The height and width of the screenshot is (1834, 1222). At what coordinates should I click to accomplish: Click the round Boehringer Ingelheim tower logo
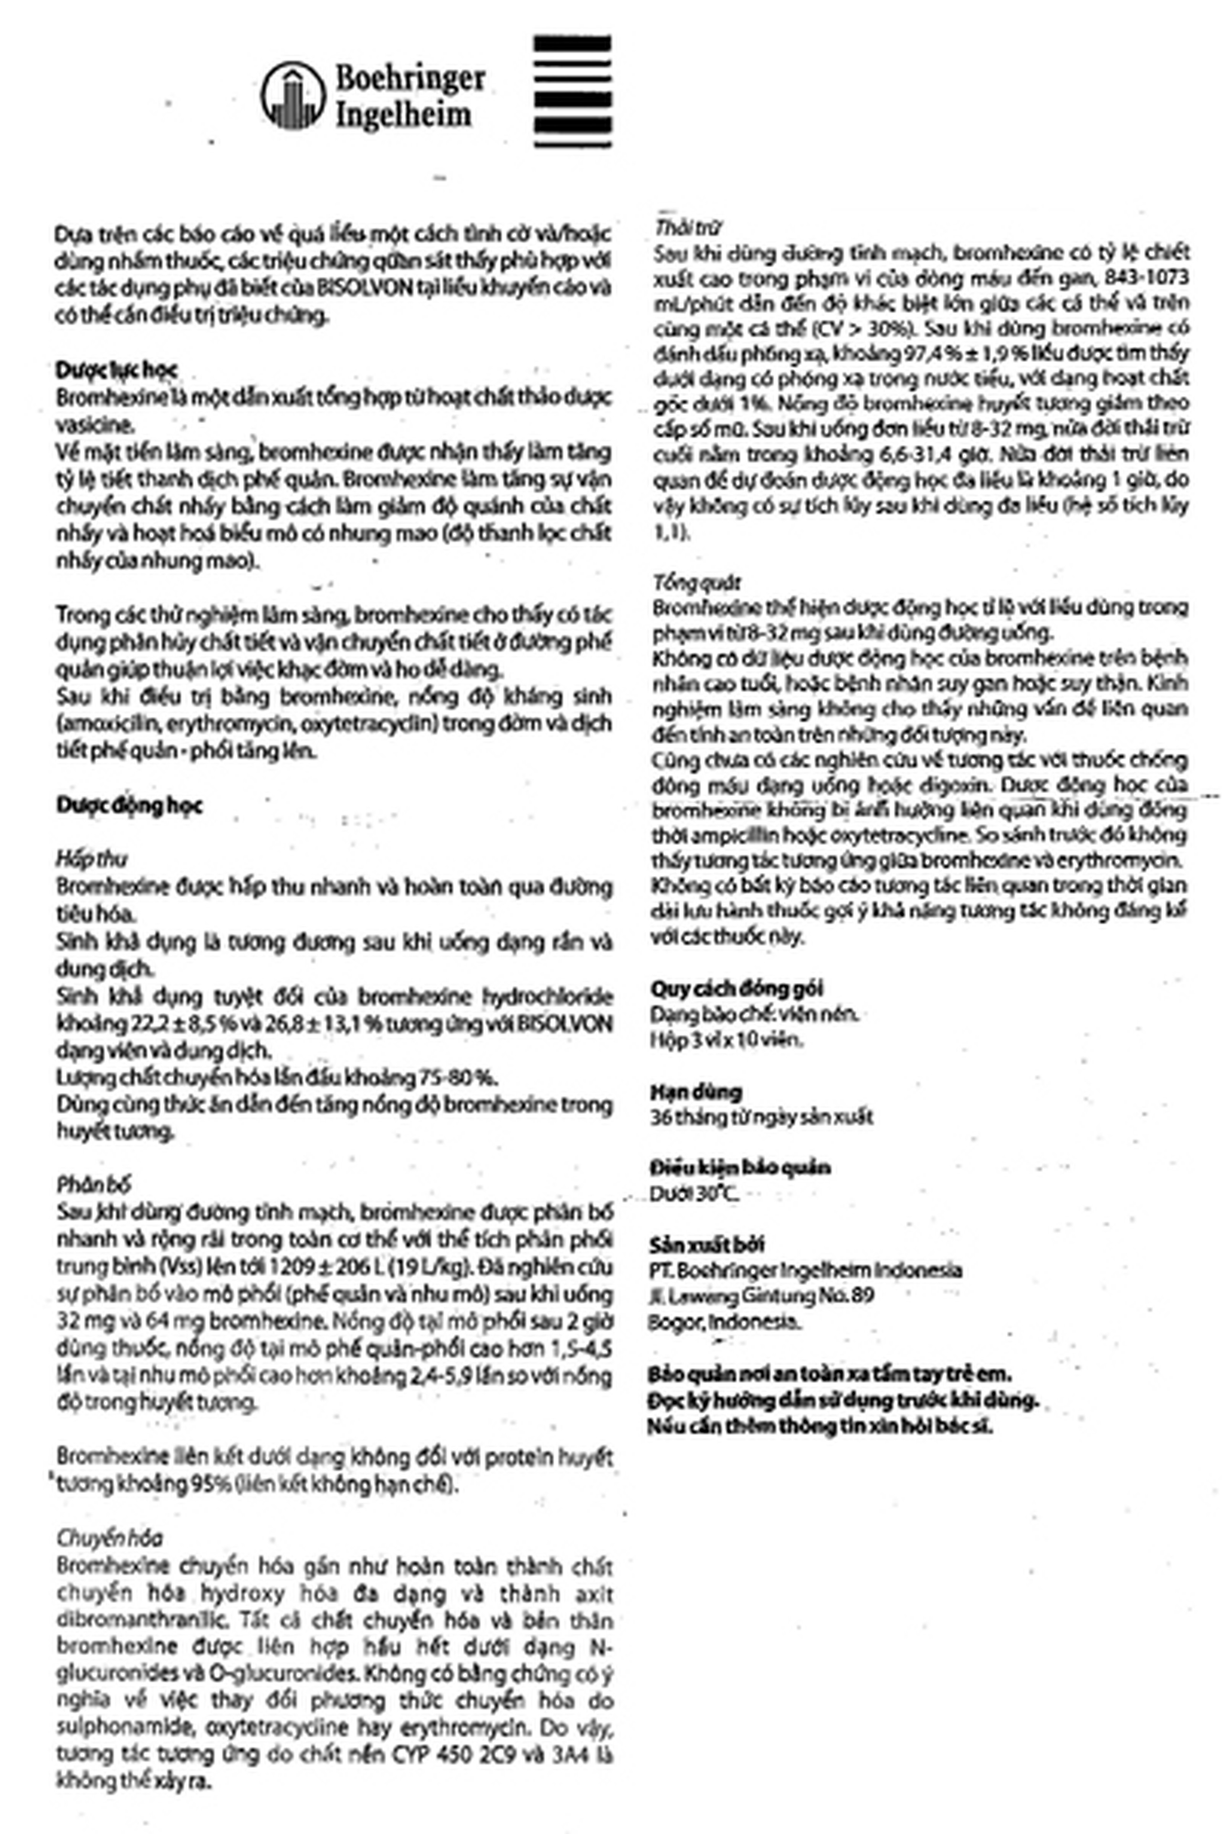292,95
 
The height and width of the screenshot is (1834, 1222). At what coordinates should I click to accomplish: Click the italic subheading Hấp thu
91,859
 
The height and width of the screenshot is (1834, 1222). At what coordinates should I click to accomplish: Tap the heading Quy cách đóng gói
737,988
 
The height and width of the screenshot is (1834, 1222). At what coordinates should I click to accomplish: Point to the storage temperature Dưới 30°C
694,1193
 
